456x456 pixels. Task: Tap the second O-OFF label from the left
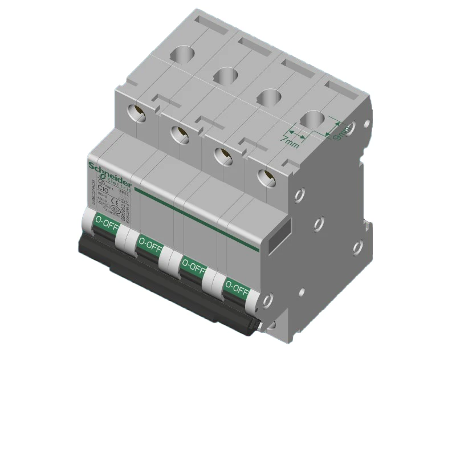tap(150, 246)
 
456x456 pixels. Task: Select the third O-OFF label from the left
tap(193, 267)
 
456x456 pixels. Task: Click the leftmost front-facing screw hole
tap(138, 113)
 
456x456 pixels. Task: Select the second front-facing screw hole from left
tap(180, 134)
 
